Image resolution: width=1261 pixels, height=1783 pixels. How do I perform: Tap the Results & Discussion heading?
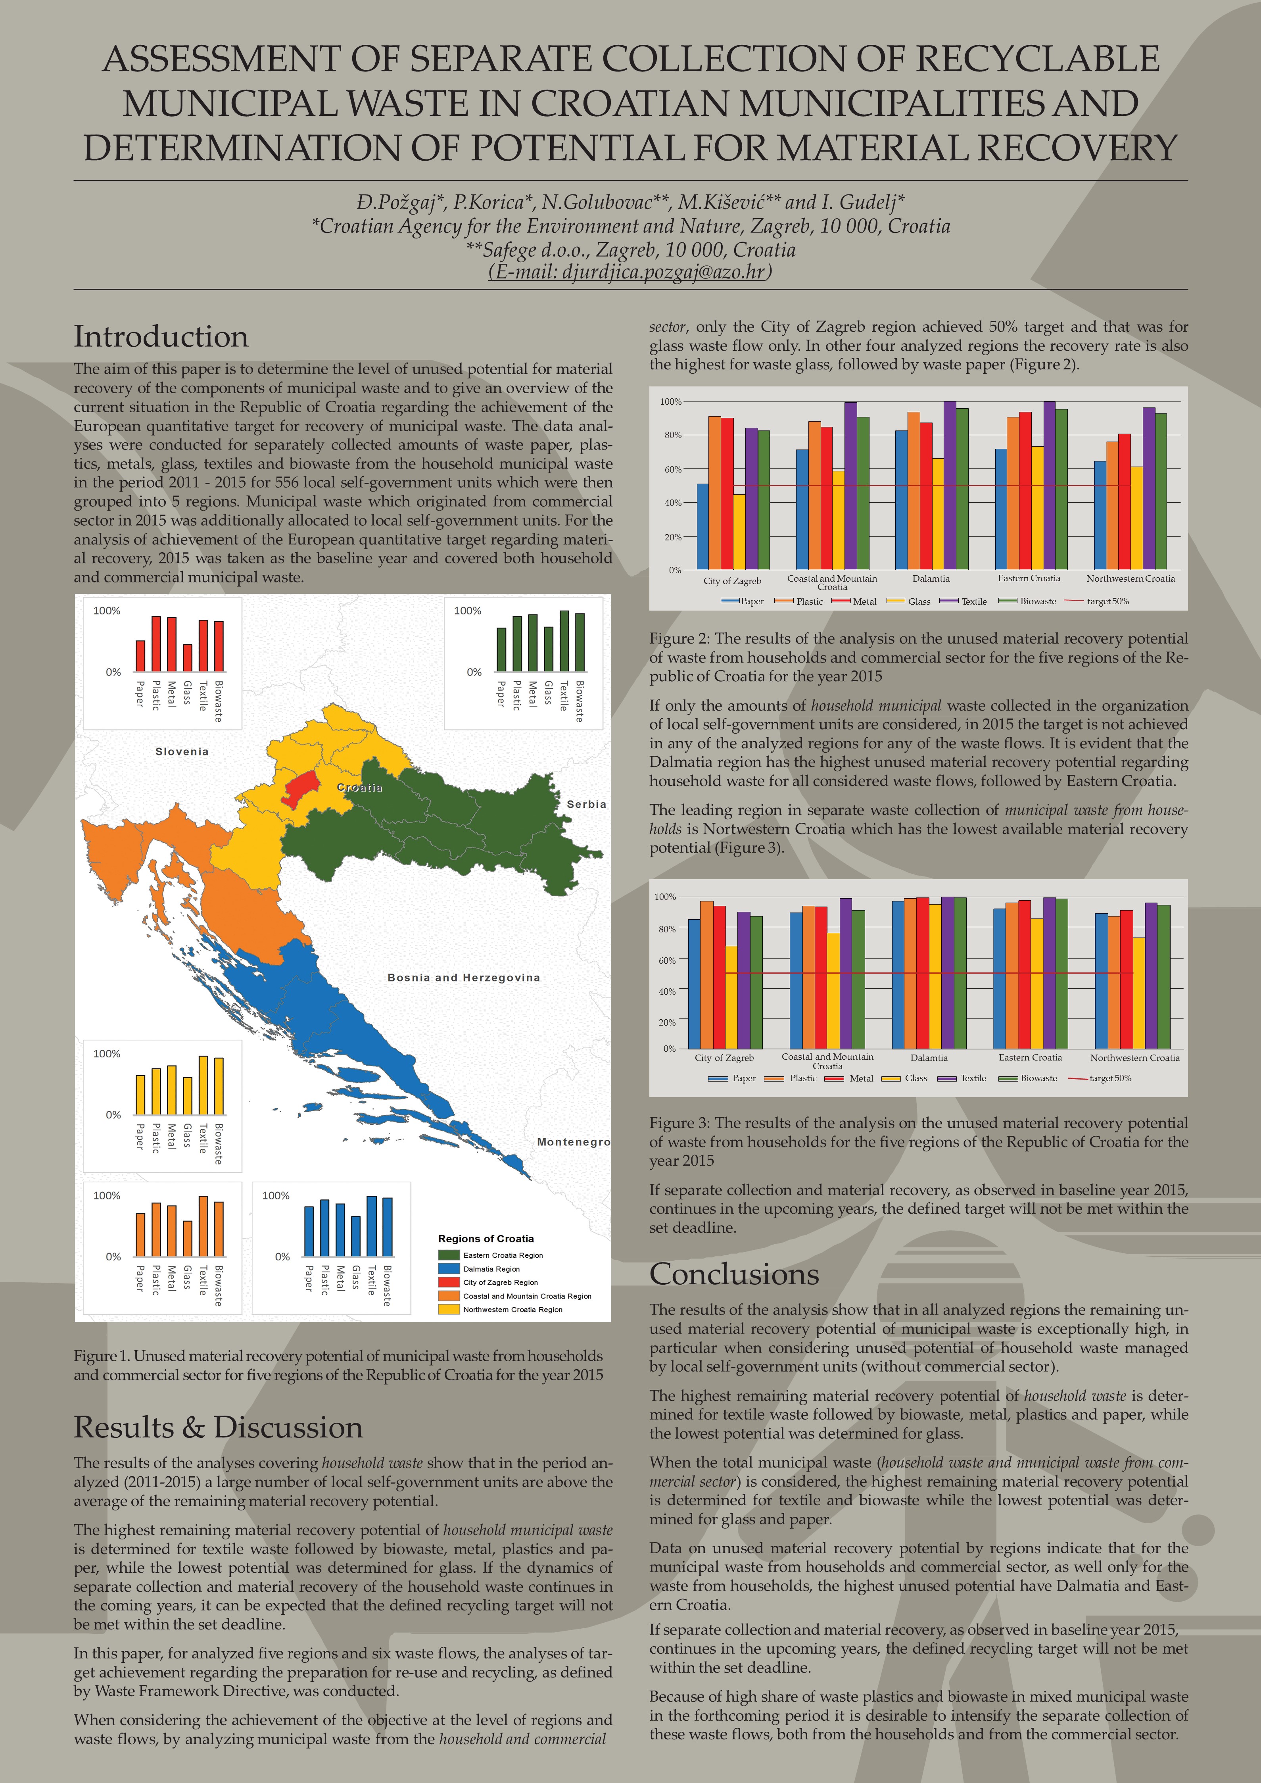[218, 1428]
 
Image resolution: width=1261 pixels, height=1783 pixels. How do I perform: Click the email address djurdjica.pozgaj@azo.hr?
[630, 272]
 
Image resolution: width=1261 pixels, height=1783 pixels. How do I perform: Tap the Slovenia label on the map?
[182, 752]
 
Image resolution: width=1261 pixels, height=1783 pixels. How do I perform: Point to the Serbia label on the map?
[586, 805]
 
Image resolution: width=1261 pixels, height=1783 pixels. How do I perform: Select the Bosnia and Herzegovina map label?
[464, 978]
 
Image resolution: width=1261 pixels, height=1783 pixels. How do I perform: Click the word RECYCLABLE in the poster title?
[1038, 59]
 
